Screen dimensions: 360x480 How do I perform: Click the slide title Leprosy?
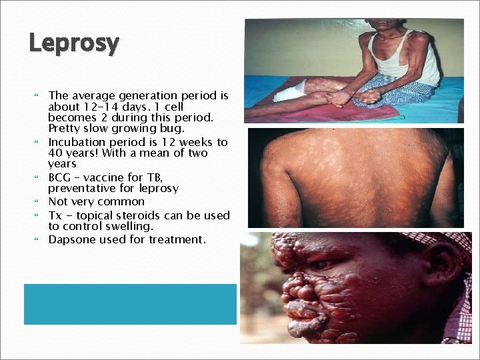click(74, 44)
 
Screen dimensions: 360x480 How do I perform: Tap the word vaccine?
click(110, 177)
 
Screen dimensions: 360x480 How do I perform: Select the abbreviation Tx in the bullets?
click(56, 215)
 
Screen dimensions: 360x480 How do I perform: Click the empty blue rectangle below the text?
click(130, 304)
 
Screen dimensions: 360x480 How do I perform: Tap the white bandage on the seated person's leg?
click(290, 92)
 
